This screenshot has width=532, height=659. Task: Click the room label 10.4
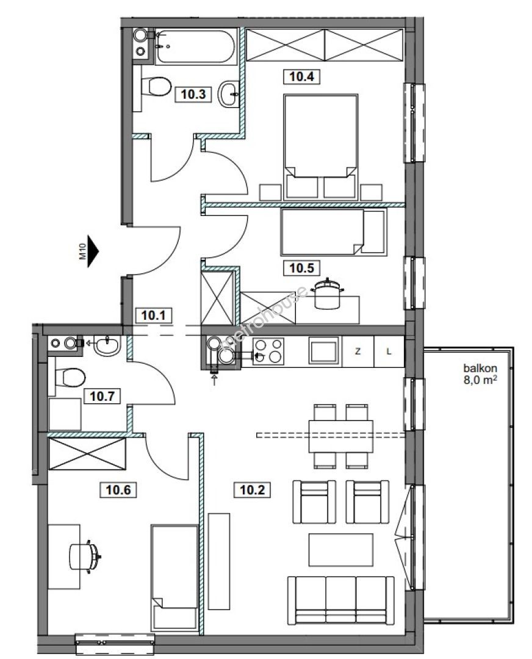(x=302, y=76)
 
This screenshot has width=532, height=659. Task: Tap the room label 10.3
(x=193, y=94)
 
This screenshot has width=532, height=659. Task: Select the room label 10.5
(x=301, y=268)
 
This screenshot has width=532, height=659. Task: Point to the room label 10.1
(x=153, y=315)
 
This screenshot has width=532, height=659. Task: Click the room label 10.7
(x=102, y=396)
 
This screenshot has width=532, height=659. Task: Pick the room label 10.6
(x=118, y=489)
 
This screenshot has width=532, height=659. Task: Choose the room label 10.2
(x=252, y=489)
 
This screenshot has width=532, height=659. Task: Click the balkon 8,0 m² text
(x=480, y=374)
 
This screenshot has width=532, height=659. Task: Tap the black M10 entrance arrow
(x=92, y=251)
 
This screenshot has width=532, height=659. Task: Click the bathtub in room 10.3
(x=195, y=46)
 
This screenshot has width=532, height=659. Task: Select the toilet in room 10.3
(x=156, y=87)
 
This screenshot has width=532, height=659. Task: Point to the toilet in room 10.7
(x=70, y=377)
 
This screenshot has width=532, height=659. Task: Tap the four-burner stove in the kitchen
(x=268, y=351)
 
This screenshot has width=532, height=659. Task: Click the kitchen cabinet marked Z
(x=358, y=352)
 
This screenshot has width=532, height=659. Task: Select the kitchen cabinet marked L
(x=389, y=352)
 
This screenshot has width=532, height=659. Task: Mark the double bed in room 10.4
(x=321, y=146)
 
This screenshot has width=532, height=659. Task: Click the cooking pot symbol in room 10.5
(x=327, y=293)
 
